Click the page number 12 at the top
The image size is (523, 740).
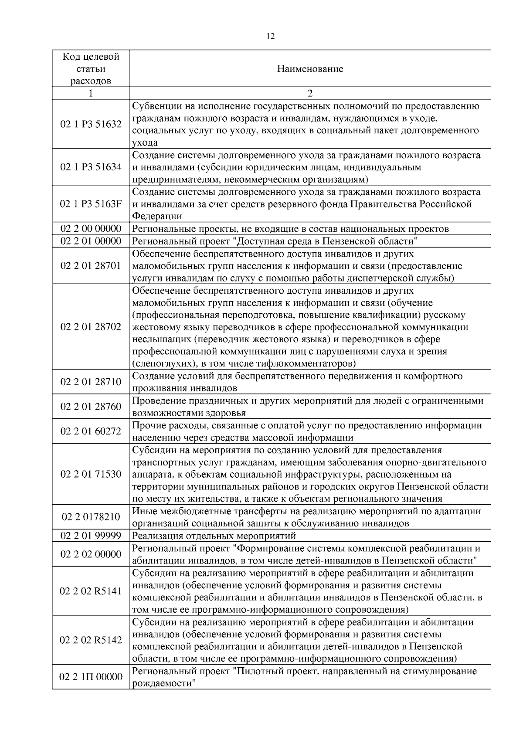point(270,37)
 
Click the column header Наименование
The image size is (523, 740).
point(310,69)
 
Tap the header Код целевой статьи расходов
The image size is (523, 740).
point(91,69)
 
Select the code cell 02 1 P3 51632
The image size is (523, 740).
point(91,124)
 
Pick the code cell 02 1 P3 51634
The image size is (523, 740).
point(91,167)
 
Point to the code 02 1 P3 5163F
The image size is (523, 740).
point(91,204)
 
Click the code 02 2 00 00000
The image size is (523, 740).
point(91,229)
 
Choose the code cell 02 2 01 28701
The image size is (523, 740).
point(91,266)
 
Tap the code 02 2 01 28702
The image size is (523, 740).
point(91,327)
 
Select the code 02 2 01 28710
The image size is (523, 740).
point(91,382)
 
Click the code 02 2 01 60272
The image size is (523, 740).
point(91,431)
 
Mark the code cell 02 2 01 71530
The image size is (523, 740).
point(91,474)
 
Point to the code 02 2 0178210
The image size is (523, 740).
point(91,517)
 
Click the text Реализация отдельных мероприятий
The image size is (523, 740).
point(214,536)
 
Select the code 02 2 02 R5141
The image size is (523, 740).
point(91,591)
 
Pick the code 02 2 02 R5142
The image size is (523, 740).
point(91,640)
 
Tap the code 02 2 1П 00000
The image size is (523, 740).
point(91,677)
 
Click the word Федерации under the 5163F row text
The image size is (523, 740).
point(157,217)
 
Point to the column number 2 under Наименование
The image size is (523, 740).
point(310,94)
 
